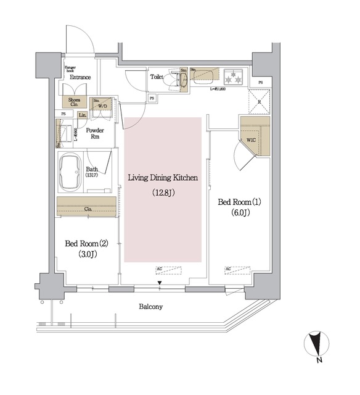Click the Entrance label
(x=80, y=77)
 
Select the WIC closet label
(x=251, y=139)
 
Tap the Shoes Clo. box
(x=74, y=102)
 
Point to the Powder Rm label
(x=95, y=134)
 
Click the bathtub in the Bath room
(x=70, y=167)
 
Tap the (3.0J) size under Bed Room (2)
(x=86, y=254)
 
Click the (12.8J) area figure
(x=162, y=193)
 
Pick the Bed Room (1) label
(x=240, y=202)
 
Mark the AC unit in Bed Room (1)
(x=237, y=269)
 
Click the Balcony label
(x=150, y=307)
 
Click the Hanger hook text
(x=70, y=69)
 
